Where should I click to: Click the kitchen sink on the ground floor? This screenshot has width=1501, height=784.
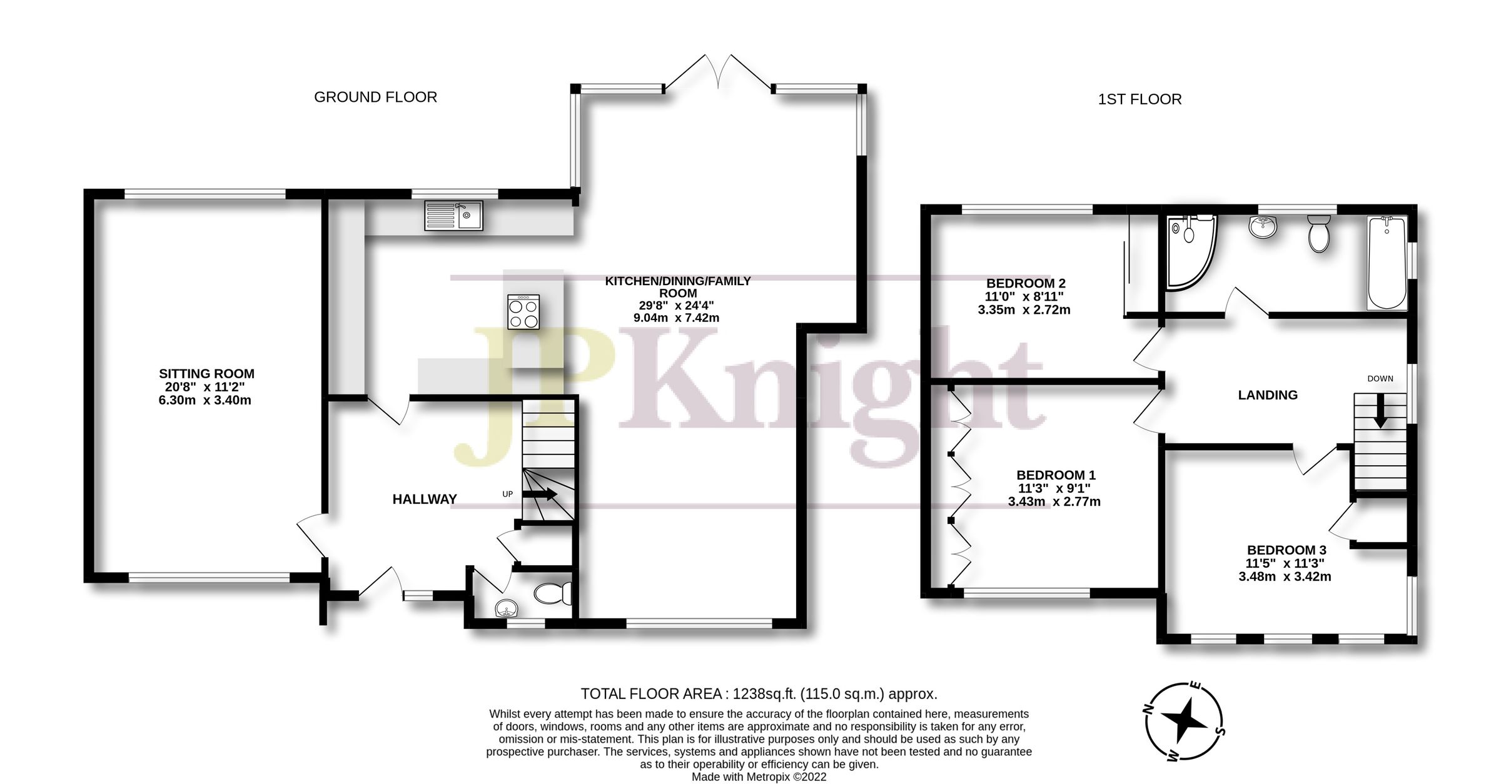click(453, 215)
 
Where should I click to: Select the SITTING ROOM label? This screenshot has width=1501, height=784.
click(206, 374)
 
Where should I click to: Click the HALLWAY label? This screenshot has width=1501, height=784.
click(425, 499)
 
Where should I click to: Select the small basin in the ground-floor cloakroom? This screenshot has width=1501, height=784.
click(505, 608)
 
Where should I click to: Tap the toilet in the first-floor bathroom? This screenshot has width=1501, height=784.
click(1319, 233)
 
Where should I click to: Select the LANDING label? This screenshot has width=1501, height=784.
click(1268, 395)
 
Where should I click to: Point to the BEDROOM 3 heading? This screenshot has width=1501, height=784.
click(1286, 550)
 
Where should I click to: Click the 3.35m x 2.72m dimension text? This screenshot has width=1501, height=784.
click(1024, 309)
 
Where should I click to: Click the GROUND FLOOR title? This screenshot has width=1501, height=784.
click(375, 98)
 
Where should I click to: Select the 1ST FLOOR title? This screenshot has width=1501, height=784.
click(1140, 99)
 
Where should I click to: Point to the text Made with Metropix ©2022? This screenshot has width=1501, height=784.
click(759, 777)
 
